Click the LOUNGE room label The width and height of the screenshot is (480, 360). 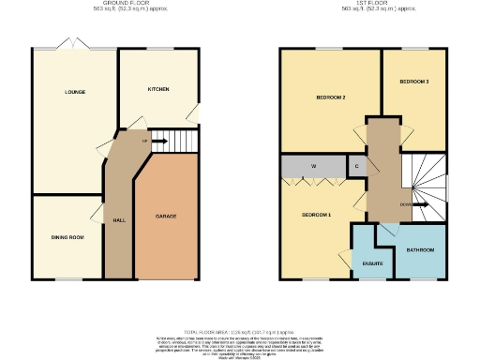pyautogui.click(x=75, y=92)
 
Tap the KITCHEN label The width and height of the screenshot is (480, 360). pyautogui.click(x=157, y=89)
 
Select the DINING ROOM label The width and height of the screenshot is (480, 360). pyautogui.click(x=67, y=237)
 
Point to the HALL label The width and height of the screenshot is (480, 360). pyautogui.click(x=119, y=219)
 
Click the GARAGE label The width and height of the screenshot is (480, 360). pyautogui.click(x=166, y=217)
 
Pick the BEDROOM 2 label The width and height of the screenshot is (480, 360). pyautogui.click(x=331, y=97)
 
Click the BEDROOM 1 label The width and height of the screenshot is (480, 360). pyautogui.click(x=317, y=215)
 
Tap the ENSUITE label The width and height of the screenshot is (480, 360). pyautogui.click(x=372, y=262)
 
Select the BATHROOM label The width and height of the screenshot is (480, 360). pyautogui.click(x=420, y=250)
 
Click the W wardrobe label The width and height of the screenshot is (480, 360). pyautogui.click(x=314, y=167)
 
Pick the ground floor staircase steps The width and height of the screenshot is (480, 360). pyautogui.click(x=183, y=141)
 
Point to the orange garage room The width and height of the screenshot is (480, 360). pyautogui.click(x=167, y=234)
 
